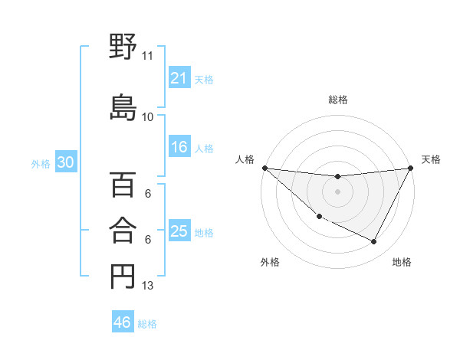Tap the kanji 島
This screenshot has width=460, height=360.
point(123,106)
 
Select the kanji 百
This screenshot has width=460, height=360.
point(123,185)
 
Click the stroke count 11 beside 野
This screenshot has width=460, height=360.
point(148,56)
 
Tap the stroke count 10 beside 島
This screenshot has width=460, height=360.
point(148,117)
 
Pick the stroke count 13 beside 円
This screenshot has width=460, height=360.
point(148,286)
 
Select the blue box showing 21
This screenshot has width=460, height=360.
point(179,78)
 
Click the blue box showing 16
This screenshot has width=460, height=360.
point(179,148)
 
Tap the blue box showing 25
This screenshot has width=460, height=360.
point(179,232)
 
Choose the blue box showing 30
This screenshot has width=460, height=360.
point(65,163)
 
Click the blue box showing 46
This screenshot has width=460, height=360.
point(122,322)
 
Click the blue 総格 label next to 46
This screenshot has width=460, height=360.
point(147,324)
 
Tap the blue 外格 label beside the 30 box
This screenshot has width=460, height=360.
point(41,164)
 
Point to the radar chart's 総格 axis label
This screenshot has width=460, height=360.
point(337,100)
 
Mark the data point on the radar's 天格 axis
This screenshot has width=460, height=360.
point(411,168)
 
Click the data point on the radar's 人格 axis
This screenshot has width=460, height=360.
point(264,167)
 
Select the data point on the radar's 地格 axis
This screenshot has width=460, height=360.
point(374,242)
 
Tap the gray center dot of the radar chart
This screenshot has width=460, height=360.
point(337,191)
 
